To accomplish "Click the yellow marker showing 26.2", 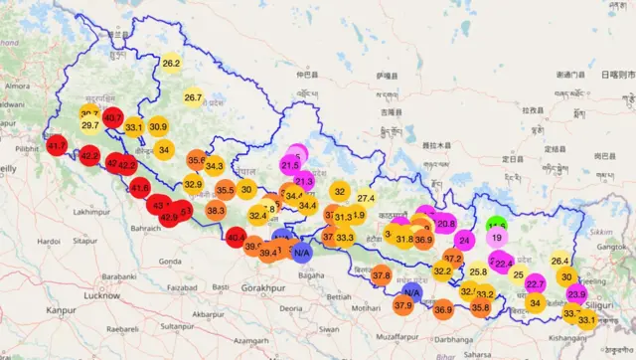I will tap(171, 63).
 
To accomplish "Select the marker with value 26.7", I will tap(193, 97).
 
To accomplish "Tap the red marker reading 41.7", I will tap(57, 146).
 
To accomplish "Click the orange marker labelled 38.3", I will tap(216, 211).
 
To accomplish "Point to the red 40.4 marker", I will tap(237, 238).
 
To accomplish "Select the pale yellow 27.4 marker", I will tap(365, 198).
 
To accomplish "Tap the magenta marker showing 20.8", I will tap(446, 224).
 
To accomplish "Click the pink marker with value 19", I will tap(497, 238).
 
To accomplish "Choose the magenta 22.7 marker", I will tap(535, 283).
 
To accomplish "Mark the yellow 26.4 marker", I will tap(559, 261).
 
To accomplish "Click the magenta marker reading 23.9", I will tap(576, 294).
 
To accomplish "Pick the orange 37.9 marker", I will tap(402, 305).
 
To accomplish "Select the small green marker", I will tap(497, 225).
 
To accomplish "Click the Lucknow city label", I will tap(102, 295).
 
